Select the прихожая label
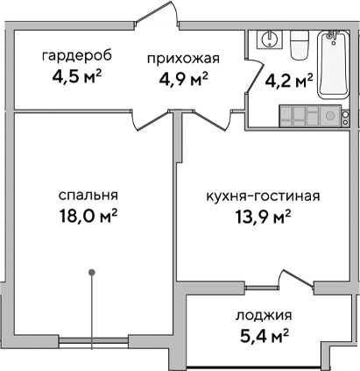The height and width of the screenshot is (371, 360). [x=181, y=59]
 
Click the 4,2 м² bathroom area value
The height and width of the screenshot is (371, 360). [x=289, y=82]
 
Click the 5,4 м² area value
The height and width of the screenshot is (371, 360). [x=264, y=334]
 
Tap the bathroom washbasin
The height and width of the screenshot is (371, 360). [x=269, y=41]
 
